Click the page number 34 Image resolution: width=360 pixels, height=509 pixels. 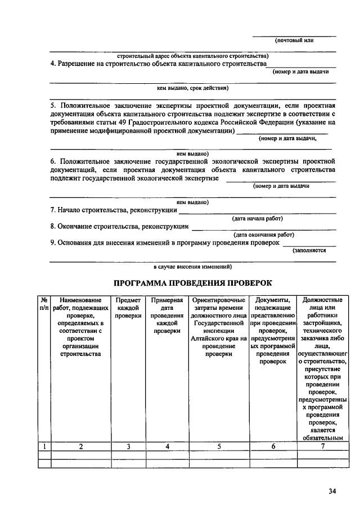[x=332, y=491]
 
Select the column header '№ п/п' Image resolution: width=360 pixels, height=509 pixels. [x=44, y=304]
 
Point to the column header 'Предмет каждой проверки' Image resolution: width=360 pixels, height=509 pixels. [x=128, y=308]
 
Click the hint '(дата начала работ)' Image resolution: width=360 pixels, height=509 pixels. [x=257, y=218]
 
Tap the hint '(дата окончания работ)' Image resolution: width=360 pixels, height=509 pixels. [x=264, y=235]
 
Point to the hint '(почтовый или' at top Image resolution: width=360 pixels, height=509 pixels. [x=294, y=40]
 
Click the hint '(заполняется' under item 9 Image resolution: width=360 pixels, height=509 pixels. [x=309, y=251]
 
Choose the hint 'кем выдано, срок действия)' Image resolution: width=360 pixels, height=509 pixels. [x=192, y=88]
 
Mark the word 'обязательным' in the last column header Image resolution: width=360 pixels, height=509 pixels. [x=322, y=438]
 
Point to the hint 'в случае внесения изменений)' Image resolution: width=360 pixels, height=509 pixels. [x=192, y=267]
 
